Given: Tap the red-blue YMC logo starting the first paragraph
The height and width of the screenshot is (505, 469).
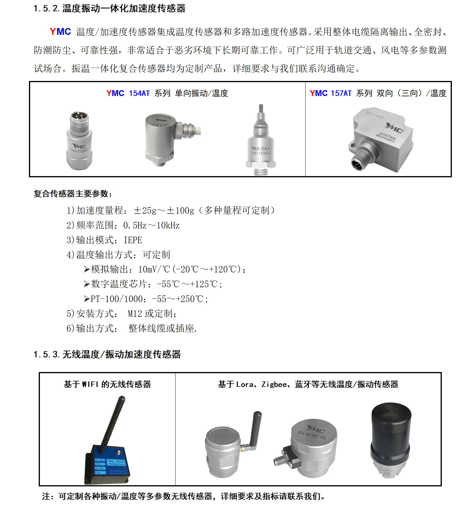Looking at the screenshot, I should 60,32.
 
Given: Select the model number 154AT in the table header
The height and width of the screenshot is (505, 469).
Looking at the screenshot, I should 139,93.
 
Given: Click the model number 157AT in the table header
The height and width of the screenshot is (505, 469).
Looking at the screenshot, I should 341,93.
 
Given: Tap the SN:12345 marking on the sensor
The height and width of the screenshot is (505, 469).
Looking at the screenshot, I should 261,153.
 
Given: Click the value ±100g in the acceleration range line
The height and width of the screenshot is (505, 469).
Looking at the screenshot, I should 180,211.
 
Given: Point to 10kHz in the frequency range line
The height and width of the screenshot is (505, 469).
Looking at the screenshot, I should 168,225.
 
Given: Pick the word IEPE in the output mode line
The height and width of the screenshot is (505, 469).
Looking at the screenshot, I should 133,240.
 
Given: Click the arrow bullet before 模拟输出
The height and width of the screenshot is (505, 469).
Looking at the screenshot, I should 87,269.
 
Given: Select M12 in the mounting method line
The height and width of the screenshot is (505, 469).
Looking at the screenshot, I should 135,314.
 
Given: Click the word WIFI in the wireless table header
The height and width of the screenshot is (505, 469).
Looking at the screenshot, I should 90,384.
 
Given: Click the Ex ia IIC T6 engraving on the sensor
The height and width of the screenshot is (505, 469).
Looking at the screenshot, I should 312,435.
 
